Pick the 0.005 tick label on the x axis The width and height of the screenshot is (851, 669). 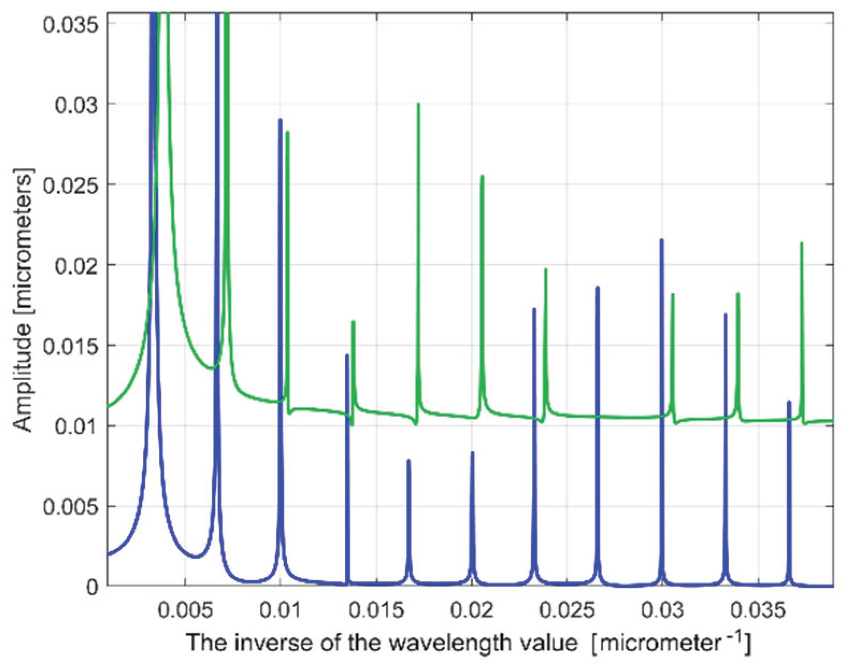185,611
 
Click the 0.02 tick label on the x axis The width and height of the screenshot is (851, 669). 472,611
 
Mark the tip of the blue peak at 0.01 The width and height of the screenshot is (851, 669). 280,120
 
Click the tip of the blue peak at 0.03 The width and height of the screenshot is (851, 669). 661,240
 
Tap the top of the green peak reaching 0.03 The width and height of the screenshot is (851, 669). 419,103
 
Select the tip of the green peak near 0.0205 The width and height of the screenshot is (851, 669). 482,176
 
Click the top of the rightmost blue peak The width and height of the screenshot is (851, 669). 789,402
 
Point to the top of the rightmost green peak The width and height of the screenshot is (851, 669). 802,243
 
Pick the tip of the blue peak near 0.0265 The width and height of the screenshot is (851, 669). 597,288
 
